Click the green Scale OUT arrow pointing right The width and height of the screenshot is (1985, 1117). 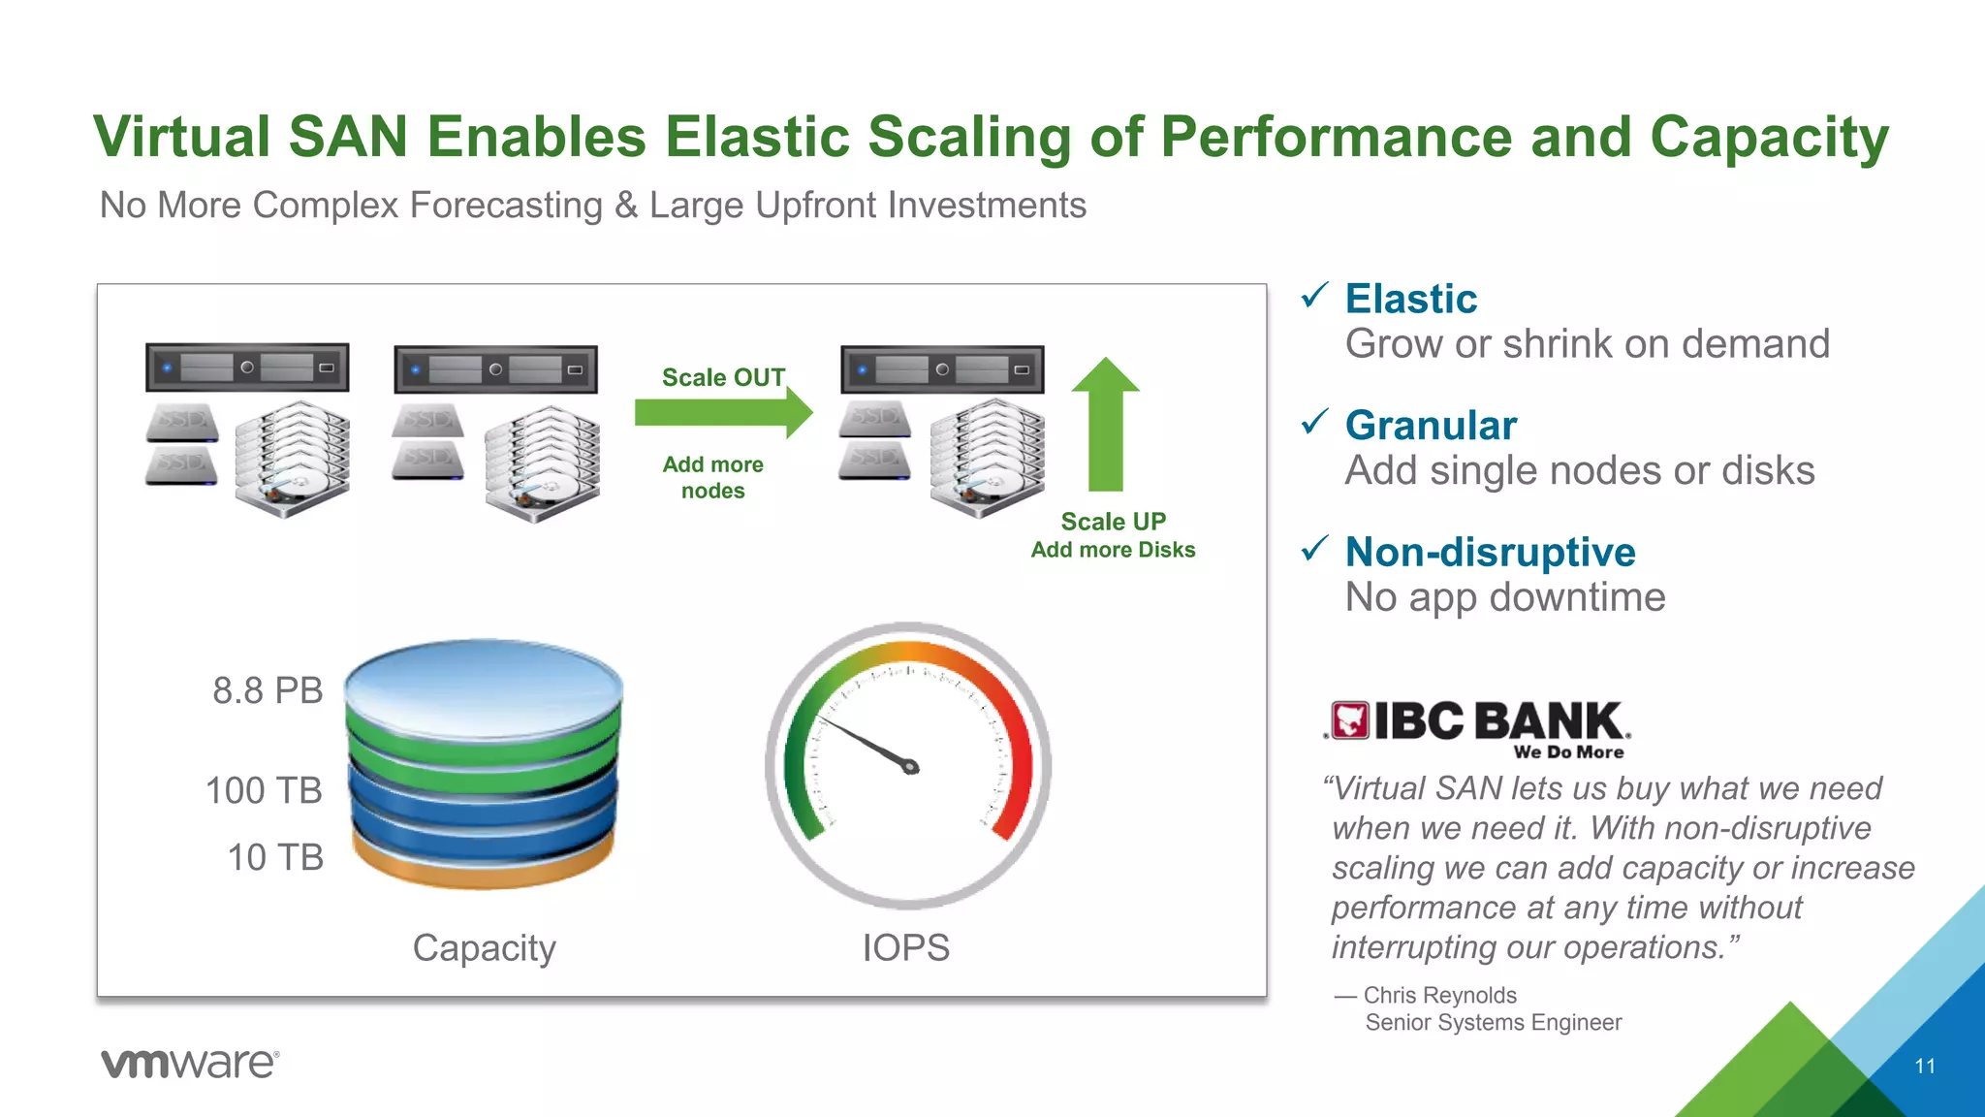722,412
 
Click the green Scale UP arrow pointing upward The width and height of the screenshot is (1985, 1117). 1105,427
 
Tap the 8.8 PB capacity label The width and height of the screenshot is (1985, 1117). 268,690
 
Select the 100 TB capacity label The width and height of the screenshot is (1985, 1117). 264,790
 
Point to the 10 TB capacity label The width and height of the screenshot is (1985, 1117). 275,857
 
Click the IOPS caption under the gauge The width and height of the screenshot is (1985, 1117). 906,947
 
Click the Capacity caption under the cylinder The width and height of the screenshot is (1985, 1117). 484,947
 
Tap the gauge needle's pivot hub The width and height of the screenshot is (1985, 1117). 910,767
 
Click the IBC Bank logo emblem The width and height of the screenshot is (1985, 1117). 1349,720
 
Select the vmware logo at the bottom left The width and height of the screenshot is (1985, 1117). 190,1063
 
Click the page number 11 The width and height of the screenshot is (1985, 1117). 1925,1066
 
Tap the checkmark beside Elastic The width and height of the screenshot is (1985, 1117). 1314,296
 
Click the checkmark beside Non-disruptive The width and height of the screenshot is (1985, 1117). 1314,549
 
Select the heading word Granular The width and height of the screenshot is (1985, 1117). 1431,425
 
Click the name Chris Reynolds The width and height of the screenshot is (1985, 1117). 1439,995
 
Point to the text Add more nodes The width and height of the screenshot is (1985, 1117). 713,477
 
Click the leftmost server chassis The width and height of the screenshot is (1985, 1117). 247,367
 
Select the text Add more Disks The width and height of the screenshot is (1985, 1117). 1113,550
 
